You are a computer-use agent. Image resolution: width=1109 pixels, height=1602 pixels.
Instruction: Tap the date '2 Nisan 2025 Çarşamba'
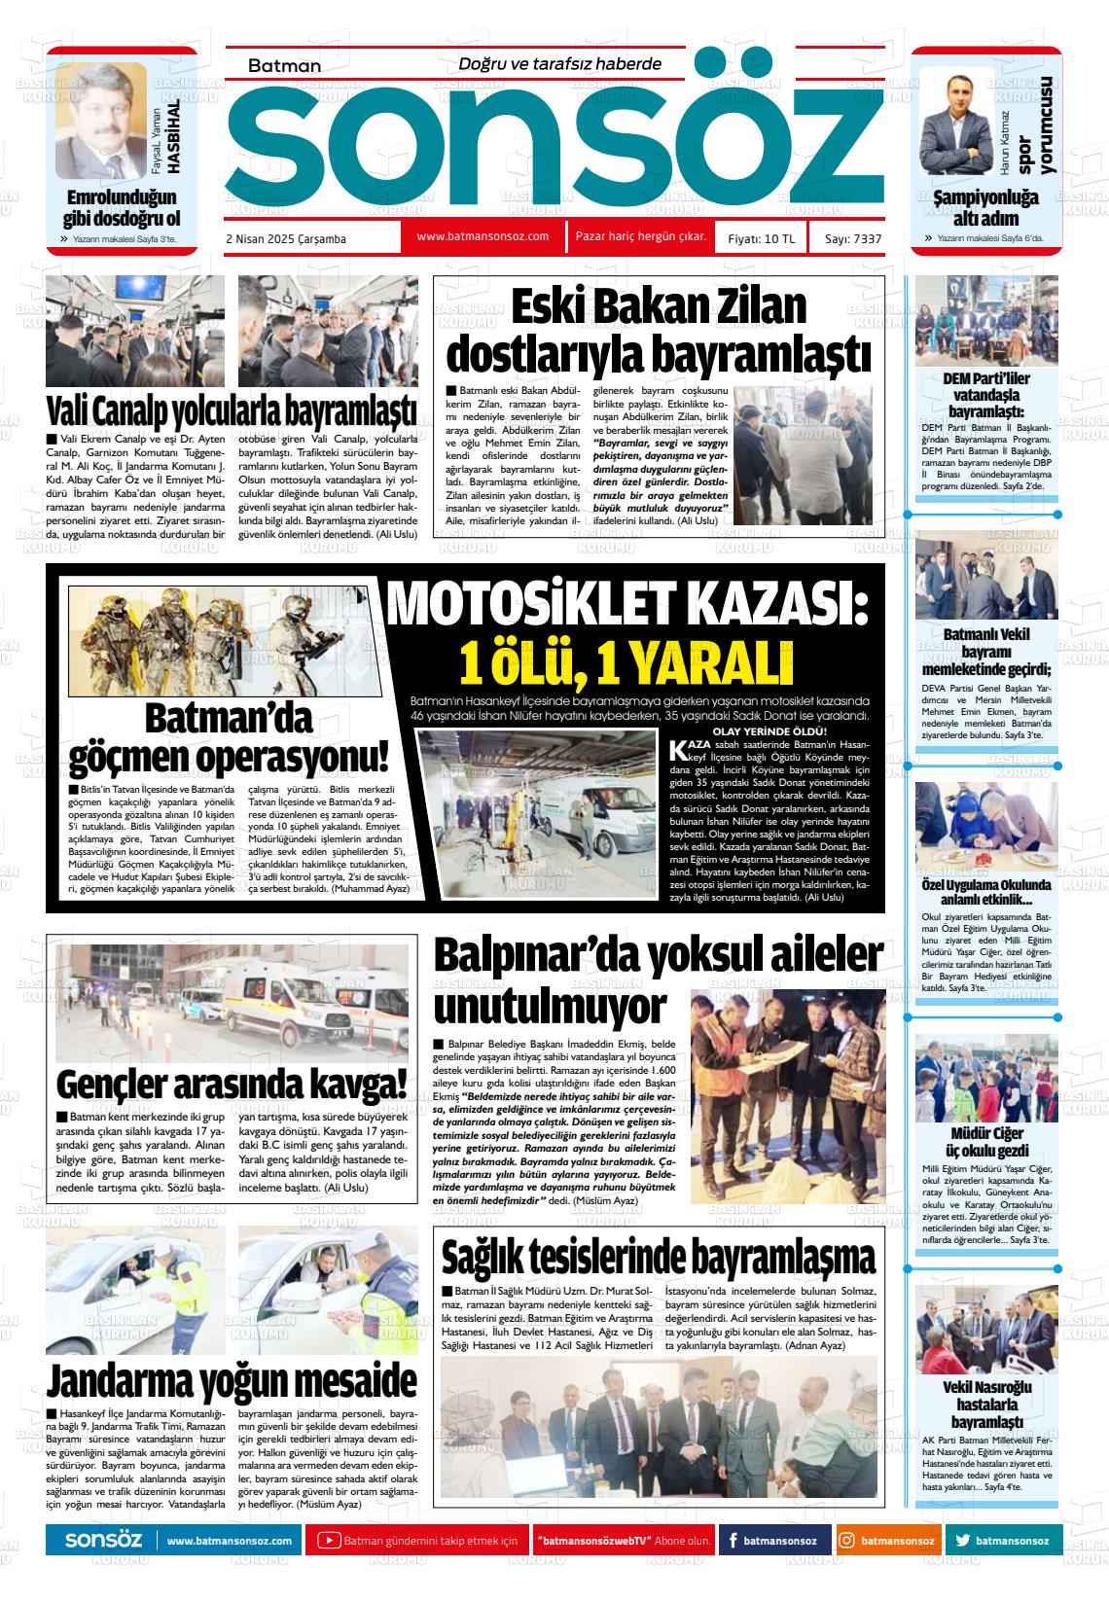point(285,239)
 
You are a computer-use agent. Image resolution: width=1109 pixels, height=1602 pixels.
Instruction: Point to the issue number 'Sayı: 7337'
point(853,239)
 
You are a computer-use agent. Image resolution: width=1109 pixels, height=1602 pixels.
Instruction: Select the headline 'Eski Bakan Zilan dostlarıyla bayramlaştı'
point(659,331)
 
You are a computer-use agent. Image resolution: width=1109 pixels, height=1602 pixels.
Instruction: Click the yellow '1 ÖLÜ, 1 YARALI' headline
point(626,663)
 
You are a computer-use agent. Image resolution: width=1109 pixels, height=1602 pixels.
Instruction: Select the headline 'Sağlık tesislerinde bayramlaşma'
point(659,1256)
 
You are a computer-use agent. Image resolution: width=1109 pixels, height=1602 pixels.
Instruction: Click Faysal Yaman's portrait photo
point(100,122)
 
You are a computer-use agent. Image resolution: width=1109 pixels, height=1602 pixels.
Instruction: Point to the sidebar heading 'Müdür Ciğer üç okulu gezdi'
point(986,1142)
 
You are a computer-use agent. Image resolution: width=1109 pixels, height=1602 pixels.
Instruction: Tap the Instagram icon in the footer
point(847,1541)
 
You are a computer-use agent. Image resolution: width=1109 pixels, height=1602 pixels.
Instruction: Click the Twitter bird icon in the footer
point(962,1541)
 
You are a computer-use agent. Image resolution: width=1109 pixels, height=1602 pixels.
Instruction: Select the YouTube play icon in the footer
point(330,1541)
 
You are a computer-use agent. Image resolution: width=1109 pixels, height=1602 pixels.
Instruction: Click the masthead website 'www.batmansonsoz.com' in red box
point(483,236)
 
